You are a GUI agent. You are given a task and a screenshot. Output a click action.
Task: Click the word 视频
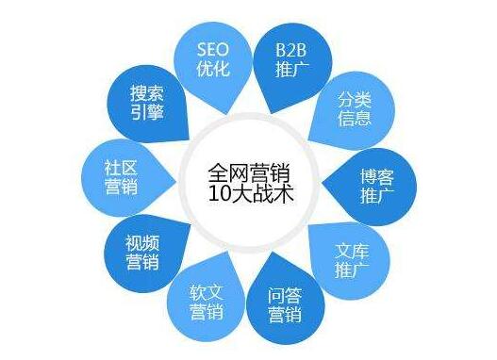[143, 240]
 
